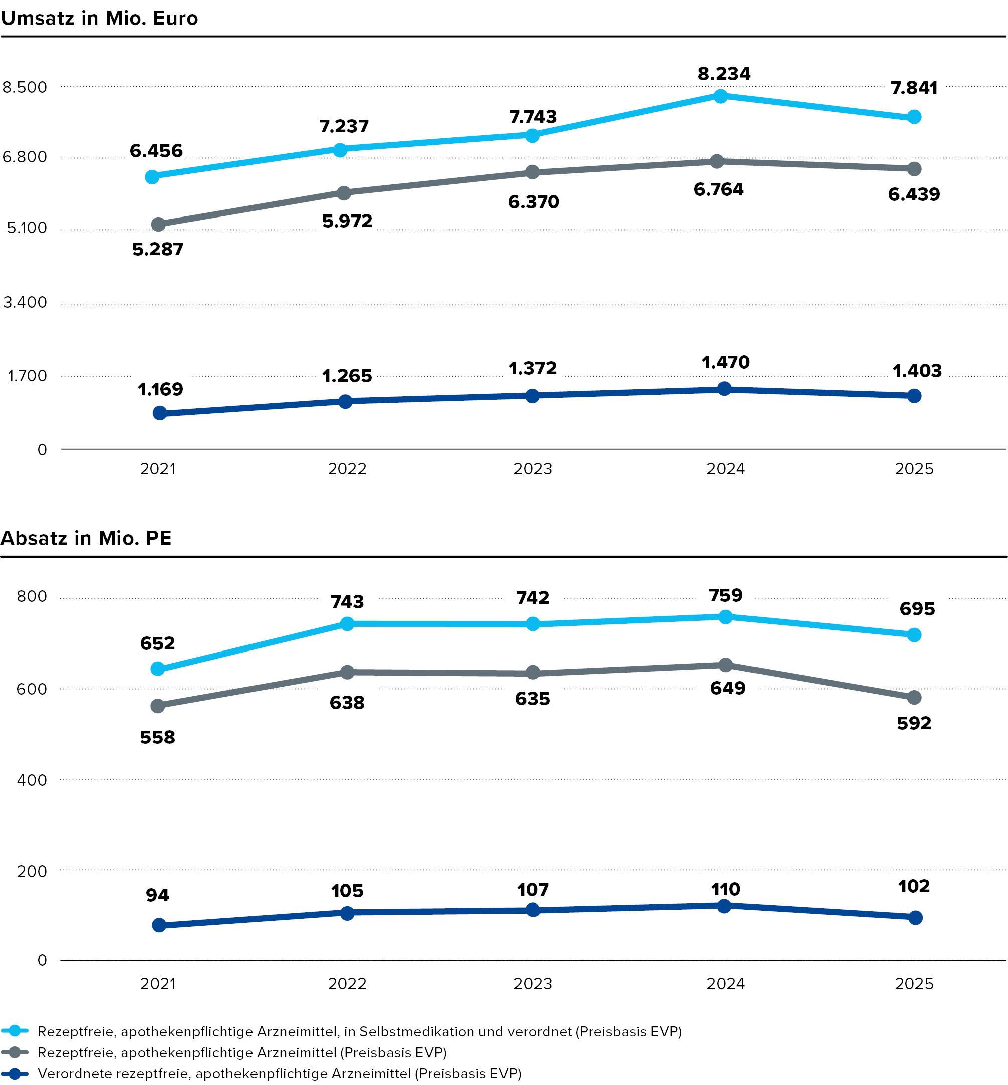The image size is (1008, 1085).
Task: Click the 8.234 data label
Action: [724, 73]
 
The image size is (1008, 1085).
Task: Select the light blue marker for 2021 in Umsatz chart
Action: [152, 177]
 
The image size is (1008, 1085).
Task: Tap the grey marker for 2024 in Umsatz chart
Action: [717, 161]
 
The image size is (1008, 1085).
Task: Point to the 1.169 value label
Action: [160, 389]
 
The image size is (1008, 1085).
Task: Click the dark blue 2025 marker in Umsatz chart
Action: [915, 396]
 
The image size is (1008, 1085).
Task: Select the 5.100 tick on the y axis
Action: [27, 228]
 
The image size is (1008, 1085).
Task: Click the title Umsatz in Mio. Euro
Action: [99, 18]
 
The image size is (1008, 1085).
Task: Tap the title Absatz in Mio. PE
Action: [86, 538]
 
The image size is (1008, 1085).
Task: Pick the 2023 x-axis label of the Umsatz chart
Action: [533, 469]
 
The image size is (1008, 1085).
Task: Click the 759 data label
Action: [726, 595]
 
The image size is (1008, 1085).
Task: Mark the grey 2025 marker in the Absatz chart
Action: [915, 697]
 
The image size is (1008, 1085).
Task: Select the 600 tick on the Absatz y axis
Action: [32, 689]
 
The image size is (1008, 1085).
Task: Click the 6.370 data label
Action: [534, 202]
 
